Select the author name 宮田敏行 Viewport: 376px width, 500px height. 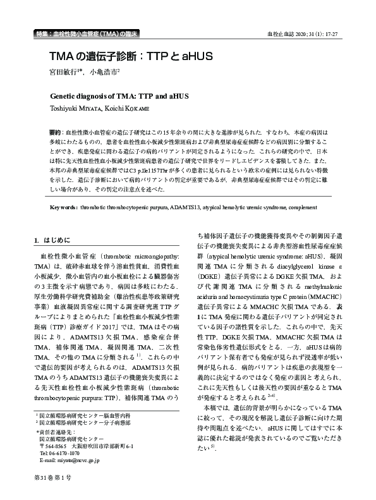coord(64,73)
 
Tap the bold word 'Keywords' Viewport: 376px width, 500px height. coord(63,207)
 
